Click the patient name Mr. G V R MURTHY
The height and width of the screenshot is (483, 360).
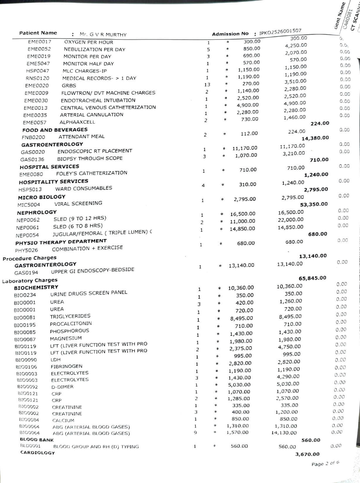(103, 35)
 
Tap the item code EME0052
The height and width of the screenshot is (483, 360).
(39, 49)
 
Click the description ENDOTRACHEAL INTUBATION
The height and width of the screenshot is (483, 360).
(98, 100)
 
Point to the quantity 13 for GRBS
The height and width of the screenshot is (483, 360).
(207, 85)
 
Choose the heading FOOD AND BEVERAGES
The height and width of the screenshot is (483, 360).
(55, 130)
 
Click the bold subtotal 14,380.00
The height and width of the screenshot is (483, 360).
(315, 138)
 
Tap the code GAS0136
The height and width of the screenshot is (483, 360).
(32, 160)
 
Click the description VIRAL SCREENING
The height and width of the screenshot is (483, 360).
(78, 203)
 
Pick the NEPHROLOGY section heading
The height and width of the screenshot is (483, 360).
(37, 212)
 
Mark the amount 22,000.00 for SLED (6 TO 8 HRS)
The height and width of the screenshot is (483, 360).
(291, 220)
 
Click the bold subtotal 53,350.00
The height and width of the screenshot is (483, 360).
(314, 204)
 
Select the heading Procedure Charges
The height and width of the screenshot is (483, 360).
(30, 258)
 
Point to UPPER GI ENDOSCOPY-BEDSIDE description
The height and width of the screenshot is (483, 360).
(92, 270)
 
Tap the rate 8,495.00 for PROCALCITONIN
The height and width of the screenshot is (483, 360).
(241, 318)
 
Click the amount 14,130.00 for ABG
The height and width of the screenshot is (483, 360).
(284, 433)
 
